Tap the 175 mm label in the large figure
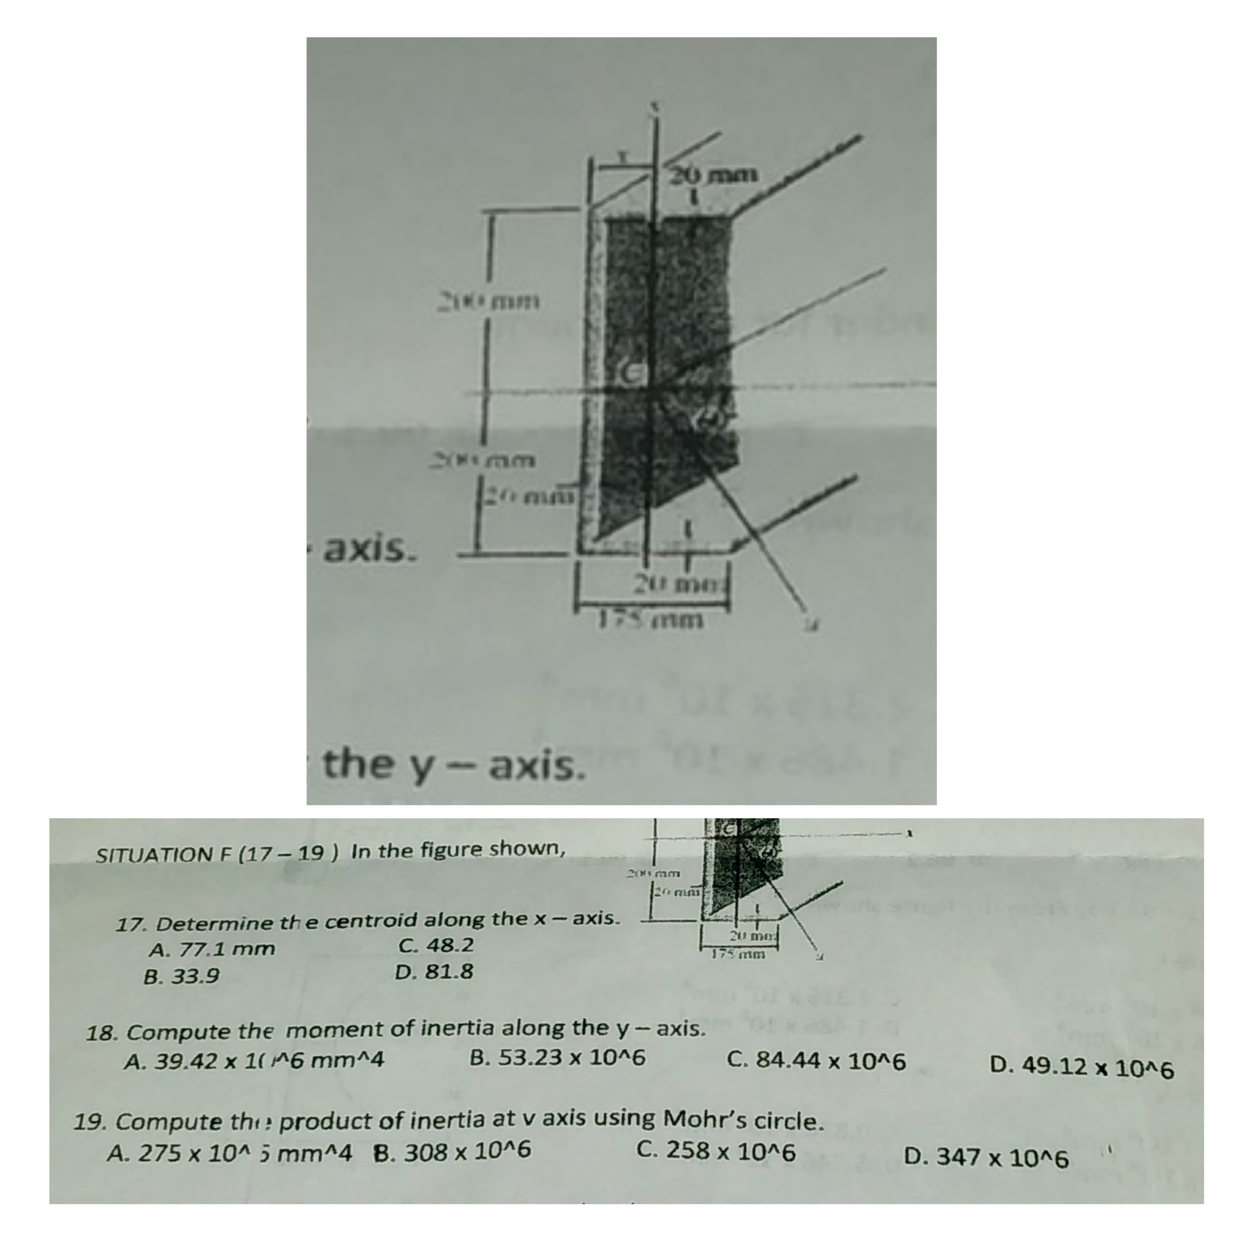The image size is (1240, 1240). pos(652,620)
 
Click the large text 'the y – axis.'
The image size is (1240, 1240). pos(454,766)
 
